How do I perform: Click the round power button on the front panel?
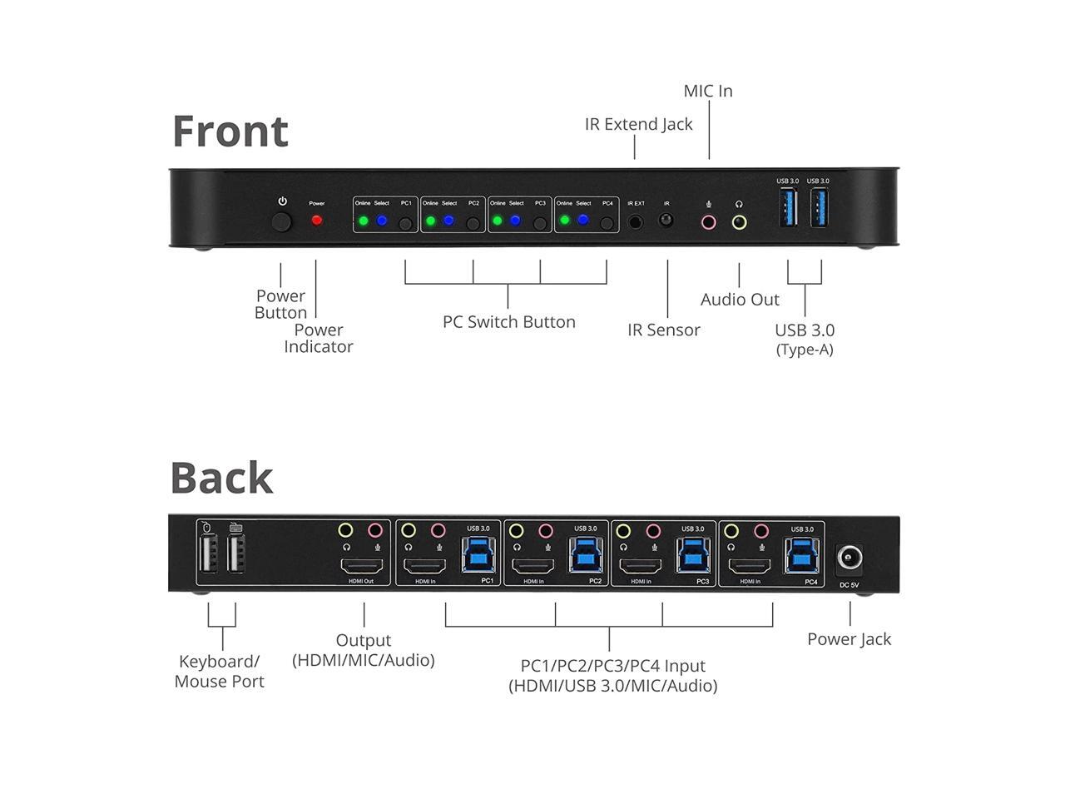[283, 222]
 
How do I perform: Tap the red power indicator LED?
[316, 221]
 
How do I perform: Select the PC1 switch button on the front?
[405, 223]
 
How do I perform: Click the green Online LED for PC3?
[498, 221]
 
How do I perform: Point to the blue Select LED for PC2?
[448, 221]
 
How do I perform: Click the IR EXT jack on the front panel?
[636, 221]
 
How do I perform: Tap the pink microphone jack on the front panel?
[708, 222]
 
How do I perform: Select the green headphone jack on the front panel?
[739, 222]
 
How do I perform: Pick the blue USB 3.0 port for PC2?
[585, 553]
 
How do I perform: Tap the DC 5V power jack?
[850, 558]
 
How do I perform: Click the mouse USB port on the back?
[208, 553]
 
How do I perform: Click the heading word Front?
[230, 132]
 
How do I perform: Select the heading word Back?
[221, 478]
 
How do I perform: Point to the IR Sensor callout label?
[663, 330]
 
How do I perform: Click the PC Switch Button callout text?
[508, 322]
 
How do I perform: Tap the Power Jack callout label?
[849, 639]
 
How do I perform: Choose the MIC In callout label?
[708, 91]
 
